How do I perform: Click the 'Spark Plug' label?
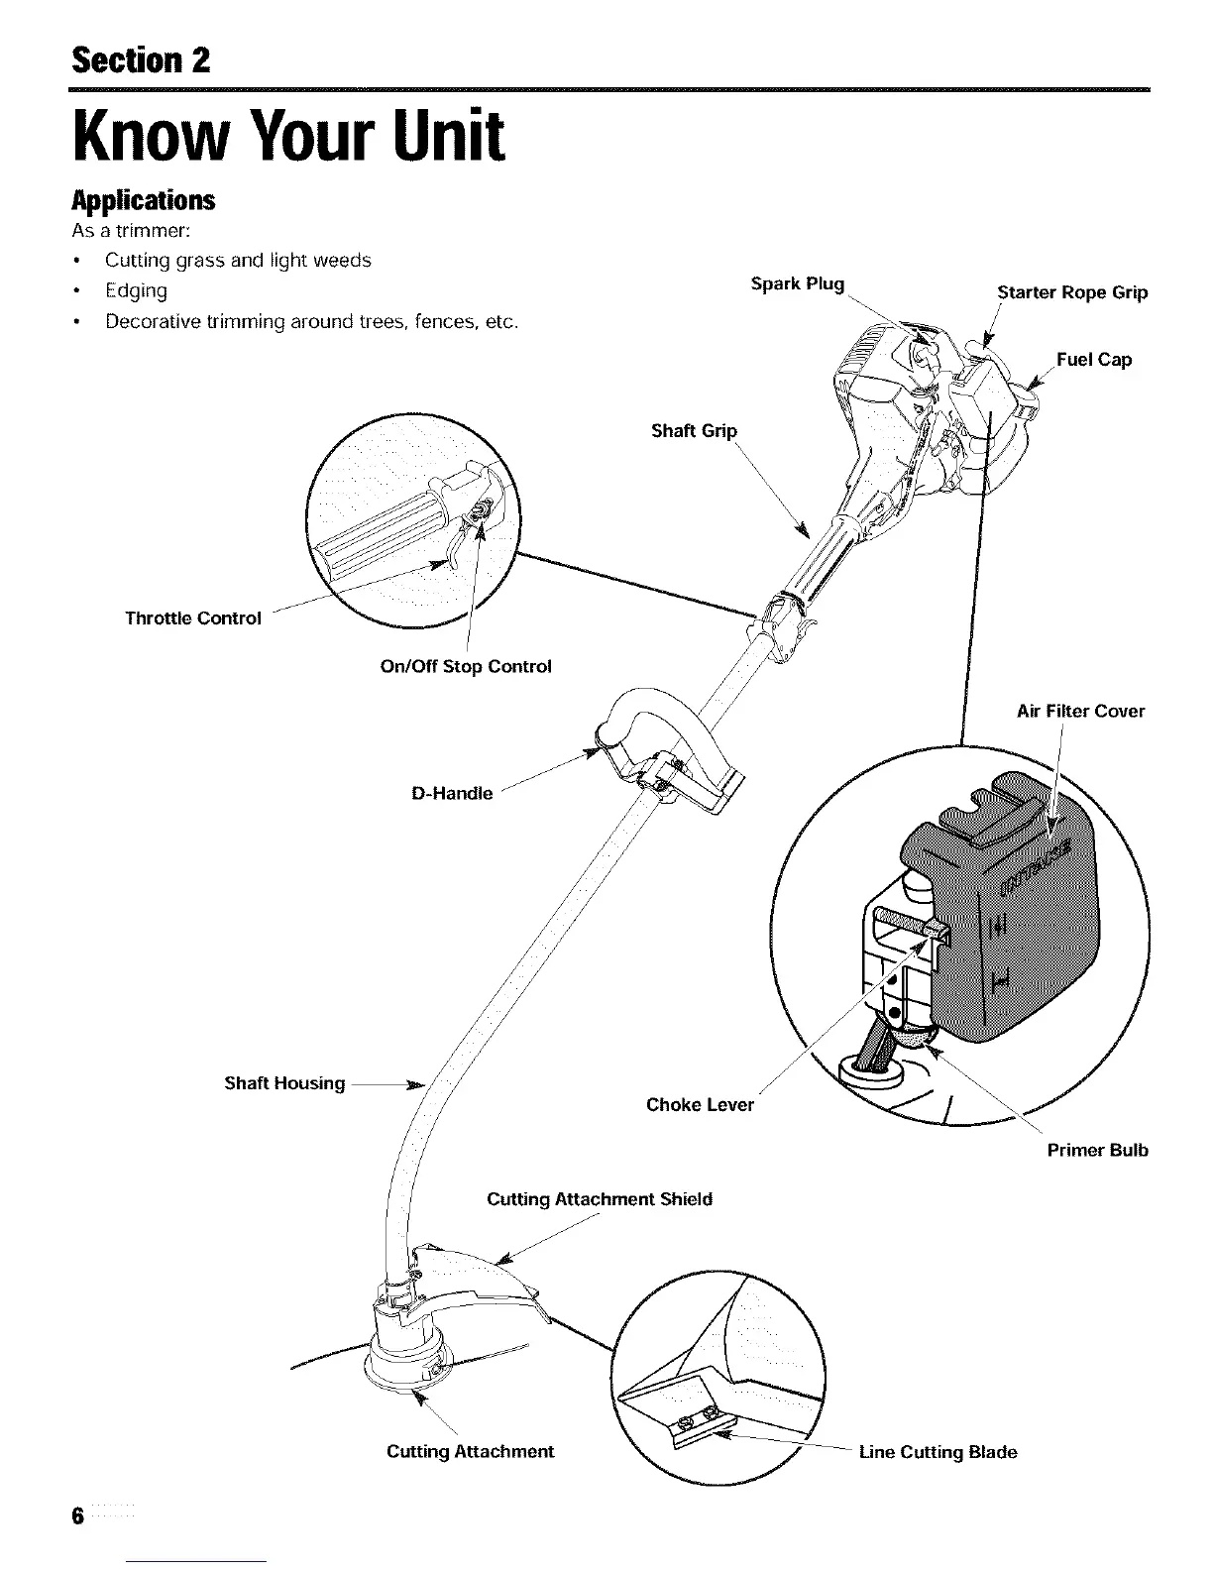pyautogui.click(x=797, y=285)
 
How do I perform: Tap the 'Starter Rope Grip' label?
pyautogui.click(x=1072, y=292)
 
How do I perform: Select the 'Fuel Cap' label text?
pyautogui.click(x=1093, y=360)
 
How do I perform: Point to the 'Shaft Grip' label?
pyautogui.click(x=694, y=430)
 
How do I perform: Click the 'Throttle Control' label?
pyautogui.click(x=193, y=618)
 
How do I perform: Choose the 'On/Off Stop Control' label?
pyautogui.click(x=466, y=666)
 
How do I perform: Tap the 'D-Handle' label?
pyautogui.click(x=451, y=793)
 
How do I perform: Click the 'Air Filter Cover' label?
pyautogui.click(x=1080, y=711)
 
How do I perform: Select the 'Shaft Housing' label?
pyautogui.click(x=284, y=1083)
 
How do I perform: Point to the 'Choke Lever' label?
pyautogui.click(x=700, y=1104)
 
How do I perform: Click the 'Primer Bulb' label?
pyautogui.click(x=1097, y=1151)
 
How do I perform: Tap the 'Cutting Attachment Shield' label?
pyautogui.click(x=600, y=1199)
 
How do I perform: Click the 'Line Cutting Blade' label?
pyautogui.click(x=937, y=1452)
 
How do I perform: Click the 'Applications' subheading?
pyautogui.click(x=143, y=200)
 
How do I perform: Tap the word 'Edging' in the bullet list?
pyautogui.click(x=136, y=290)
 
